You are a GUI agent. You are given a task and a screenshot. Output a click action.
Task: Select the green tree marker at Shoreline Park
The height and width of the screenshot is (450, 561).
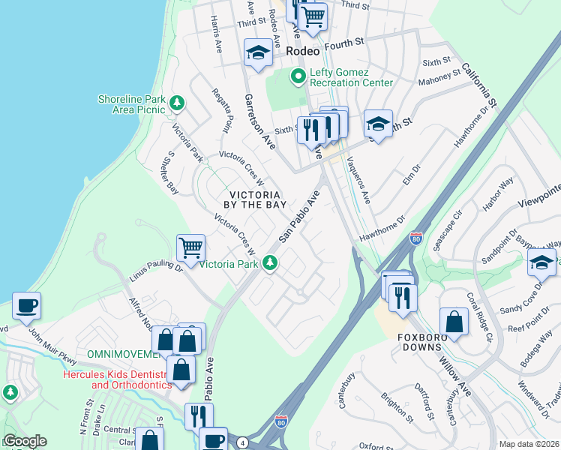(177, 102)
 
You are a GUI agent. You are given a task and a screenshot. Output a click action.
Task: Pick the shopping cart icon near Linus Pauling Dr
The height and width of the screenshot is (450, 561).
(191, 247)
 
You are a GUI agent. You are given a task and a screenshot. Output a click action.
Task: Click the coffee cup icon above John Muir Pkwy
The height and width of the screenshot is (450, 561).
(26, 306)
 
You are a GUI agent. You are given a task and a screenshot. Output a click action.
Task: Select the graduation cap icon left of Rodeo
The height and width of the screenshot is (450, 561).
(258, 52)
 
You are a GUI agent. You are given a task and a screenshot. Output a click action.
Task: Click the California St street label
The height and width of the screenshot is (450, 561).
(480, 84)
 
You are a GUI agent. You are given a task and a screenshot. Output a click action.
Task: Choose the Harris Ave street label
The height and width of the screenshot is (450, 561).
(217, 34)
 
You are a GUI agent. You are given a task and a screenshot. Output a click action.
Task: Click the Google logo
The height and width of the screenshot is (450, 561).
(25, 441)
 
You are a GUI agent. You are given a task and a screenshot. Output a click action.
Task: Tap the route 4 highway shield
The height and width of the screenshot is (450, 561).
(242, 443)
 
